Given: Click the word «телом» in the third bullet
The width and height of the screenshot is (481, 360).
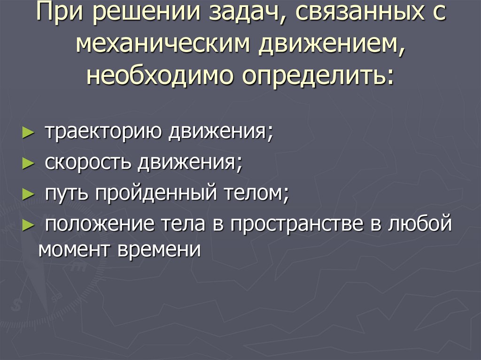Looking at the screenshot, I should (x=254, y=193).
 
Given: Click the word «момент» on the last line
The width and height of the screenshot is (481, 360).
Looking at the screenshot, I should (x=75, y=249).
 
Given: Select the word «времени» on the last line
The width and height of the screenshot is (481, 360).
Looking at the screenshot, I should (x=160, y=249).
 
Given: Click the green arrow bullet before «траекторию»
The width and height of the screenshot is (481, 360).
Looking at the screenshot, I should (x=28, y=133).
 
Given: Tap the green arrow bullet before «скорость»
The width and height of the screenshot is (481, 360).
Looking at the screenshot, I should (x=28, y=163).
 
